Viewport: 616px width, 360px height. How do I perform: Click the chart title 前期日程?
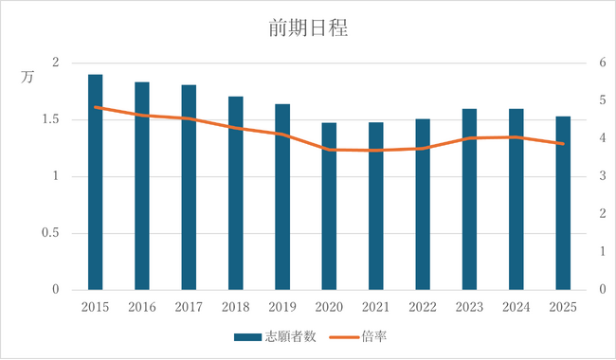[x=308, y=29]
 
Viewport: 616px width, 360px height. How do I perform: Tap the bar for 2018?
[x=235, y=193]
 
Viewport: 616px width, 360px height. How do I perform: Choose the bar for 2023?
[x=469, y=199]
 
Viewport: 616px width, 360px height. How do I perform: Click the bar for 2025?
[x=563, y=203]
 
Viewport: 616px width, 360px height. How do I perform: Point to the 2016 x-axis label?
[x=141, y=307]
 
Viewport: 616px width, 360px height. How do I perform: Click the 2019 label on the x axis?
[x=281, y=307]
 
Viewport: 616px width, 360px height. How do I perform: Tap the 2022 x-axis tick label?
[x=422, y=307]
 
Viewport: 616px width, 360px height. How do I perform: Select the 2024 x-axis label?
[x=516, y=307]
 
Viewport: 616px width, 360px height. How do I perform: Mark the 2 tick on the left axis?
[x=55, y=63]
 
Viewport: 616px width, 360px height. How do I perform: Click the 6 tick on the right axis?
[x=600, y=63]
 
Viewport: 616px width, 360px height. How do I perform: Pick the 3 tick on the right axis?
[x=600, y=176]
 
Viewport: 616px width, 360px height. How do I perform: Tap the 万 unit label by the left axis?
[x=27, y=78]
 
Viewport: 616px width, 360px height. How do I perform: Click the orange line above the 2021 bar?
[x=375, y=150]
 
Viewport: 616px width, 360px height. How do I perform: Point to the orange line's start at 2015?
[x=95, y=107]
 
